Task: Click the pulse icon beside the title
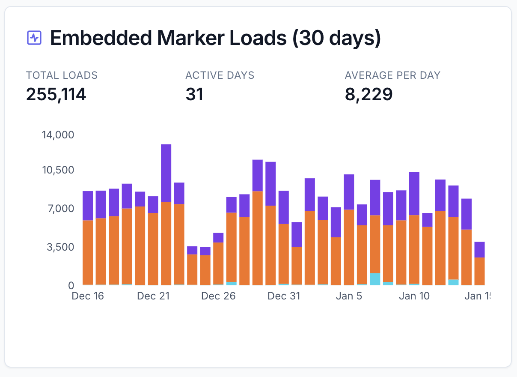(34, 38)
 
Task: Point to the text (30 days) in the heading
(336, 38)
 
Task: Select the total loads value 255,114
(56, 94)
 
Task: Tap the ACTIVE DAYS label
(220, 75)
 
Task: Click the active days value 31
(194, 94)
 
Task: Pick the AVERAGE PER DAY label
(392, 75)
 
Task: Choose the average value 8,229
(368, 94)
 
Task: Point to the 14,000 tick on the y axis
(58, 135)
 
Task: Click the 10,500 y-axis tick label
(58, 170)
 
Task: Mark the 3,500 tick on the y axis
(60, 247)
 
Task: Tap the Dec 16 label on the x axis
(88, 296)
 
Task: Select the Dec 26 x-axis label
(218, 296)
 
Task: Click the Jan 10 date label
(414, 296)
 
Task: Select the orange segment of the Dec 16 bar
(88, 252)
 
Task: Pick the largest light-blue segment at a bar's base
(375, 279)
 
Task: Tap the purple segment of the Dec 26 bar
(218, 238)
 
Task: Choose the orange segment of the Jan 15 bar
(479, 271)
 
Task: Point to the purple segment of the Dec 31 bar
(284, 207)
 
